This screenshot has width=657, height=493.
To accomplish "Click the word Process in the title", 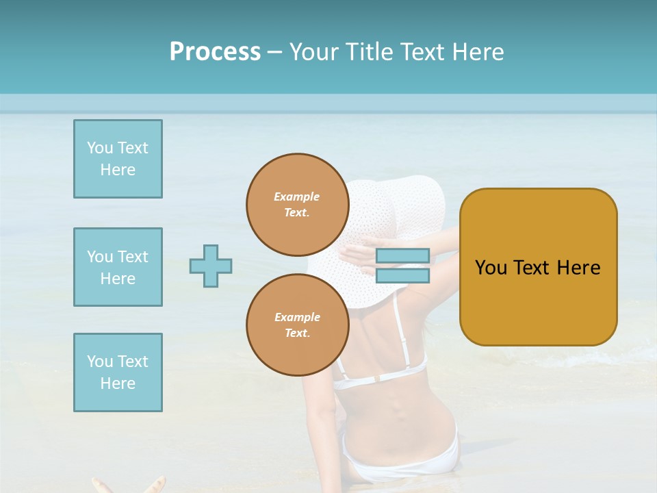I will click(x=215, y=52).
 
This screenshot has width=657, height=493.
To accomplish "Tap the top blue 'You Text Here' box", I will click(x=118, y=159).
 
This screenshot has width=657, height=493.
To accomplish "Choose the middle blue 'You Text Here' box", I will click(x=118, y=267).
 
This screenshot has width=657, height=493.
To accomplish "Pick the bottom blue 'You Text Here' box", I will click(x=118, y=372).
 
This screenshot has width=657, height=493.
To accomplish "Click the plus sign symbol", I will click(x=211, y=266).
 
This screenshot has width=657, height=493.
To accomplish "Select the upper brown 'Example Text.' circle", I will click(x=297, y=204).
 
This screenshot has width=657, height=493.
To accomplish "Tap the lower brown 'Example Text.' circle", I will click(x=297, y=325).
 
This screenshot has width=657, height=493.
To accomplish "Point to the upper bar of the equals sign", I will click(x=402, y=256).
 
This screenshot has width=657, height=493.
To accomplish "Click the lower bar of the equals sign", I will click(x=402, y=275).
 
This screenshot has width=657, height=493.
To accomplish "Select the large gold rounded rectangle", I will click(x=538, y=301).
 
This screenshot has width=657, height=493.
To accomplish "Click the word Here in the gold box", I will click(x=578, y=268).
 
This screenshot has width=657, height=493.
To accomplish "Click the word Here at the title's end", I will click(x=479, y=52).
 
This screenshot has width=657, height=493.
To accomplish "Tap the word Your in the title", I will click(x=312, y=52).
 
